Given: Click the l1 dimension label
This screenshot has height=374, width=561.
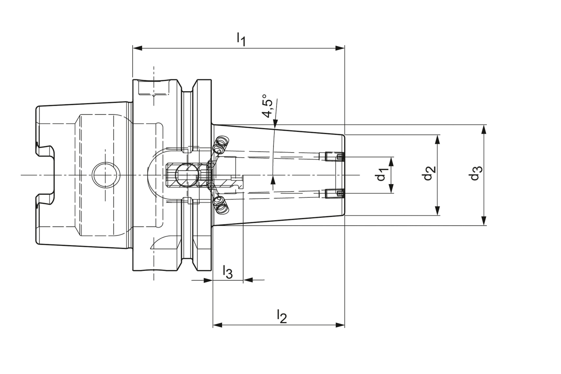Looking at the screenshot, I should [x=241, y=39].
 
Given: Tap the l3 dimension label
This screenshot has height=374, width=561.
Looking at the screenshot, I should [x=227, y=272].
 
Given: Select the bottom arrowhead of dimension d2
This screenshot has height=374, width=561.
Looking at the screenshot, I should [x=437, y=211].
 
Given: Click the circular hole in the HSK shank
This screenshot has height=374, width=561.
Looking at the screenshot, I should [x=106, y=175].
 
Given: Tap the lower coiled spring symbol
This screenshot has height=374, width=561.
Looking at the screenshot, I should [x=220, y=205].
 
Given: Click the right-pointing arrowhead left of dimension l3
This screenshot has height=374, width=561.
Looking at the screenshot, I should [x=209, y=280].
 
